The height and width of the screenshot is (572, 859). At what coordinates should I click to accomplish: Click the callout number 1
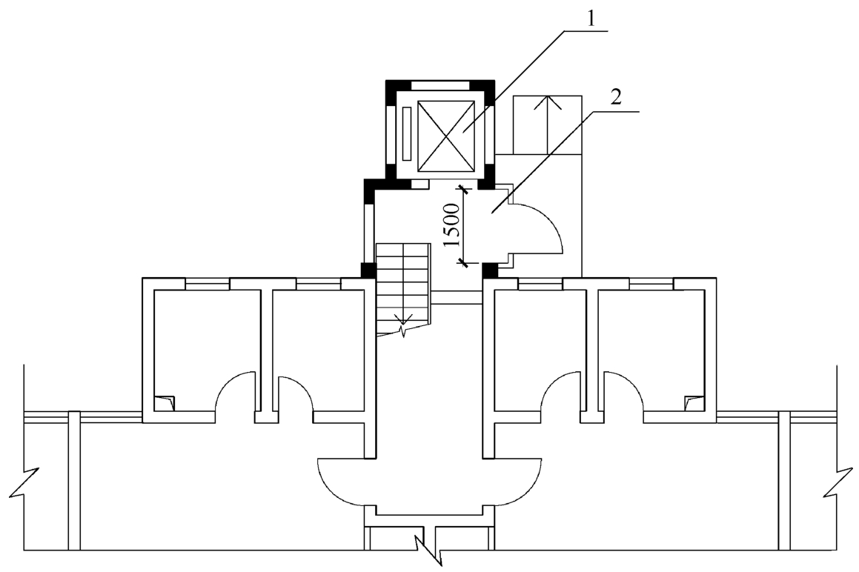point(591,20)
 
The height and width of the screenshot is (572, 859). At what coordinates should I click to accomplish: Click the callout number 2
point(617,99)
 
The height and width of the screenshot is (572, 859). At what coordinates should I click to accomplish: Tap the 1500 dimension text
point(452,225)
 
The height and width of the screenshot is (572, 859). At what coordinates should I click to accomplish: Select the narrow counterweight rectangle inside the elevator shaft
point(406,134)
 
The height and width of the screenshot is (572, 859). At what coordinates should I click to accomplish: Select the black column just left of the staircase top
point(368,270)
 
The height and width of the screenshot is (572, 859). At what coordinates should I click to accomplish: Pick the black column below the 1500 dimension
point(490,270)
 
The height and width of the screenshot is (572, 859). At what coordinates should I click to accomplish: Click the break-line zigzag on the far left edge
point(24,482)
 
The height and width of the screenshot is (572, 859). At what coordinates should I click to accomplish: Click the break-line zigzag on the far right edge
point(837,482)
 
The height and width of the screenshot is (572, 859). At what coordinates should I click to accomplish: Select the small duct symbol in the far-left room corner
point(165,403)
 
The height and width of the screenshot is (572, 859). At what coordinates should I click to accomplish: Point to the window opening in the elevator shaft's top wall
point(440,85)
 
